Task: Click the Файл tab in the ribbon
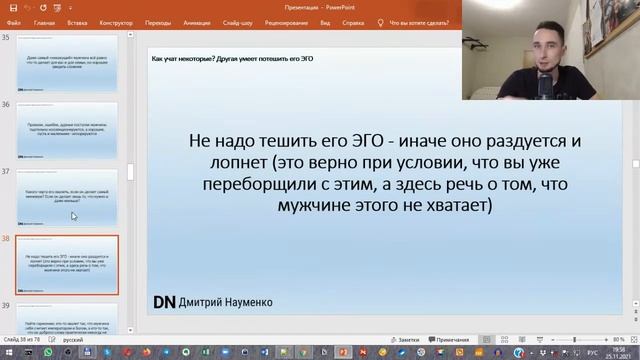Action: point(14,20)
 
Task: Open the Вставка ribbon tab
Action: point(77,20)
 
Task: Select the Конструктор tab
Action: point(117,20)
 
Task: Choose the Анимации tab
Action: point(197,20)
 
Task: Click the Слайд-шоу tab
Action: point(238,20)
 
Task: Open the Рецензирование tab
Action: point(285,20)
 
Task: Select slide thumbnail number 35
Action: point(68,65)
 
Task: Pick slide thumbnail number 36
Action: point(68,131)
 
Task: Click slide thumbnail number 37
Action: point(68,197)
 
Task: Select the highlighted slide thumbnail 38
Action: point(68,265)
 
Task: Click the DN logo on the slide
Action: point(164,301)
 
